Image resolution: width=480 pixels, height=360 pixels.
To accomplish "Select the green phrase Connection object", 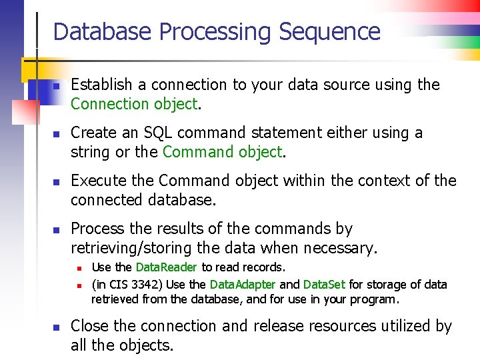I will click(x=134, y=104).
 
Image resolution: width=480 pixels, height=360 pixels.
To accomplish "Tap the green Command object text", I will click(x=223, y=152).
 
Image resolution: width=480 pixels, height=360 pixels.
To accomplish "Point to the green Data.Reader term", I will click(x=166, y=267).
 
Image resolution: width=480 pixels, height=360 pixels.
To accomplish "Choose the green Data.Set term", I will click(x=323, y=285).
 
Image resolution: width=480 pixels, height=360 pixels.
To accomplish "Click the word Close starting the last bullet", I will click(x=89, y=326).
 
